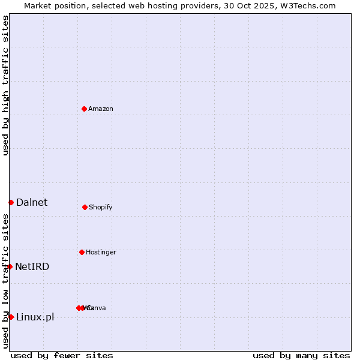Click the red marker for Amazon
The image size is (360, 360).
coord(85,109)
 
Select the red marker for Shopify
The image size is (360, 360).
coord(85,207)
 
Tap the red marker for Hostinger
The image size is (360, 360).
coord(82,252)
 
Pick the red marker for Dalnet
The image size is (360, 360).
coord(11,202)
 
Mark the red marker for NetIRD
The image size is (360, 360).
coord(10,266)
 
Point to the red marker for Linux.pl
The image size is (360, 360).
coord(11,317)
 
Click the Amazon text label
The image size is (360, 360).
coord(100,109)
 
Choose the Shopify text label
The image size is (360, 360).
coord(100,207)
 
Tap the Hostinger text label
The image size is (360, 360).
coord(101,252)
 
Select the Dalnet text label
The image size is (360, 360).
coord(32,202)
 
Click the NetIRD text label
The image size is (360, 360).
coord(32,266)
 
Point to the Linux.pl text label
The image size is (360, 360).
coord(35,317)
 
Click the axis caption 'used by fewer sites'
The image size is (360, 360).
coord(62,355)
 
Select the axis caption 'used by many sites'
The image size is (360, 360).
coord(301,355)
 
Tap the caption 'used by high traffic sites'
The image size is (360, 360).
coord(5,85)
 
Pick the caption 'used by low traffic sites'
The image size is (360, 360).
coord(5,281)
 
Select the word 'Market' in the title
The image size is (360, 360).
coord(38,5)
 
